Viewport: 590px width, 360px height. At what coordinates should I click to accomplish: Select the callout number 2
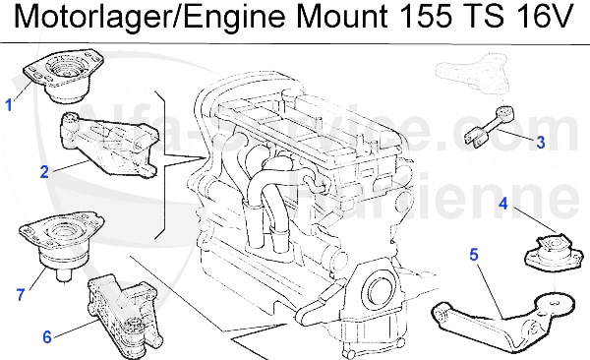pos(44,171)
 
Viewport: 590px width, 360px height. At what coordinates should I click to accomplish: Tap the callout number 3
pos(540,142)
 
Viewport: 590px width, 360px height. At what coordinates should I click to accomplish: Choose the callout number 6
pos(46,335)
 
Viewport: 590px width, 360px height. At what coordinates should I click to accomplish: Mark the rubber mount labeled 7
pos(59,250)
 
